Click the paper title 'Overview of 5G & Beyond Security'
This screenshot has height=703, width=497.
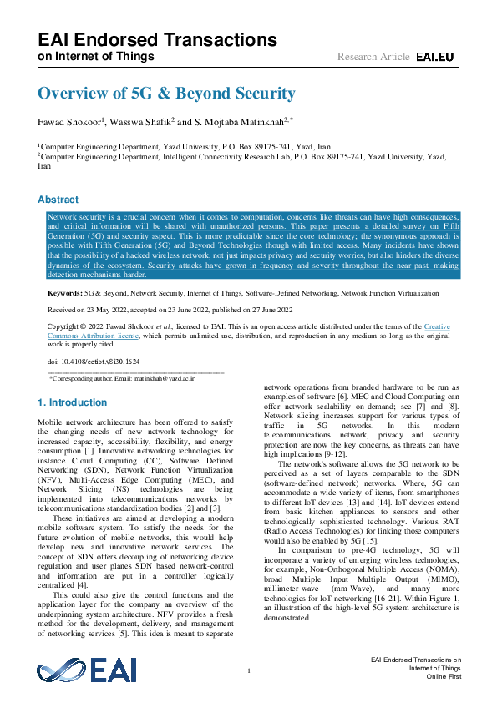click(166, 94)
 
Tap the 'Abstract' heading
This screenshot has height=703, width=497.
click(58, 200)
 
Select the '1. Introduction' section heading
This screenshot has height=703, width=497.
click(73, 402)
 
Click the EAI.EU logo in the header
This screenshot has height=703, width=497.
click(434, 57)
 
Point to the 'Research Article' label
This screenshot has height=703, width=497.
click(373, 57)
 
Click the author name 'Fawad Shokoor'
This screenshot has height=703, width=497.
click(68, 122)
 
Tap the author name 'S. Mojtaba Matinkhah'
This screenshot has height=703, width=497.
click(238, 122)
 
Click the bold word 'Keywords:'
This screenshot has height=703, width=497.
click(65, 295)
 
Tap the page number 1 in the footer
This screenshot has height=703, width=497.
click(249, 671)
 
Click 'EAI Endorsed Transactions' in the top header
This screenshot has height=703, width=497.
click(157, 39)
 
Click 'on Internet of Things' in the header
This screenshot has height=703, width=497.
click(96, 57)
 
